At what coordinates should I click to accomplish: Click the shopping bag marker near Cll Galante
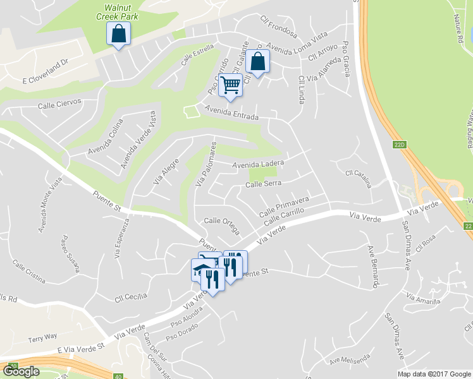point(257,62)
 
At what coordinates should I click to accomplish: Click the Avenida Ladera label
point(257,165)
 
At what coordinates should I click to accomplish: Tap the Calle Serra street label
point(263,184)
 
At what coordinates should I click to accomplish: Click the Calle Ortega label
point(221,220)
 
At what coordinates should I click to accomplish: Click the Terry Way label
point(42,337)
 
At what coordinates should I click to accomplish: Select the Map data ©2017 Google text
point(434,373)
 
